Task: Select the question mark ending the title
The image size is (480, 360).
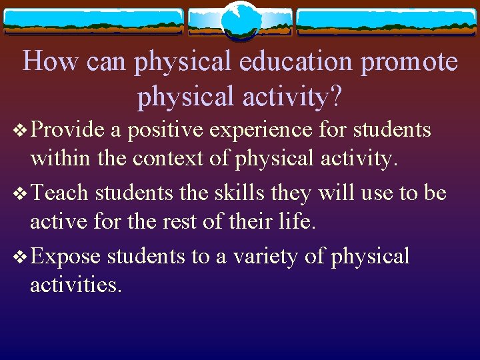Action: pyautogui.click(x=336, y=97)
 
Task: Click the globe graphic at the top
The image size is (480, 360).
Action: pyautogui.click(x=241, y=20)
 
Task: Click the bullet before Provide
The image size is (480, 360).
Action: pyautogui.click(x=18, y=130)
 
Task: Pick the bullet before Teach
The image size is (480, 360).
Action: pyautogui.click(x=18, y=194)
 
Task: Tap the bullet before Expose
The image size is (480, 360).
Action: pyautogui.click(x=18, y=257)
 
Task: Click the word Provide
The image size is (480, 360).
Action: pyautogui.click(x=68, y=129)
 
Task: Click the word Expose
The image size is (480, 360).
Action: pyautogui.click(x=65, y=257)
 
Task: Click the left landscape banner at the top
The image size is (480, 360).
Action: pyautogui.click(x=93, y=21)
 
